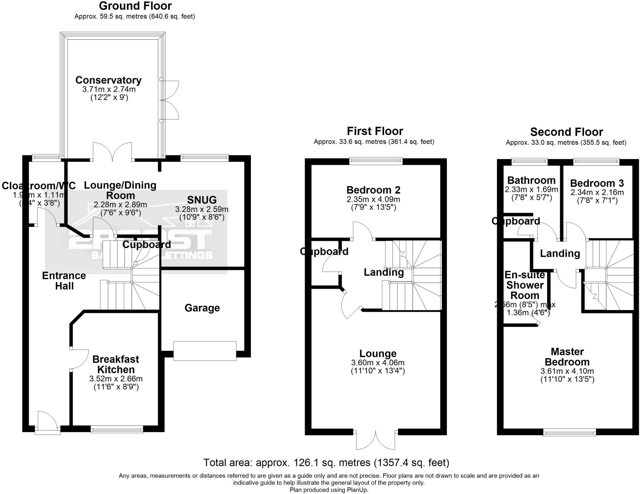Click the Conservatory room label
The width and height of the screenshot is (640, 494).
click(108, 80)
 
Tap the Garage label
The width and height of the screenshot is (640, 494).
click(202, 308)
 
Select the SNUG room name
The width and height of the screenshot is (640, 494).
click(202, 200)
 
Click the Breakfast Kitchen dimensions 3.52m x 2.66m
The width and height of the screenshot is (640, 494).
click(116, 379)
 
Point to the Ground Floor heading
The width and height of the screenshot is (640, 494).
click(135, 6)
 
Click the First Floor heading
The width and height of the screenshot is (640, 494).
click(375, 131)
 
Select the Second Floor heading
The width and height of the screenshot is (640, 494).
click(566, 132)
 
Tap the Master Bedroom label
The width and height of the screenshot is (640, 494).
click(567, 357)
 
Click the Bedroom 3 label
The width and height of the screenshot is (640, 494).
click(597, 183)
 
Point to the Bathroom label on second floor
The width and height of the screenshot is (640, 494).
click(531, 180)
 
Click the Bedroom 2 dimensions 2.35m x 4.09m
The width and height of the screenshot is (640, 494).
click(373, 199)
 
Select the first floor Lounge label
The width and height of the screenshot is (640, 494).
click(378, 354)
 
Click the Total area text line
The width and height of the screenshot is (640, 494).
click(326, 462)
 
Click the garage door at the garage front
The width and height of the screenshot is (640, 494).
click(205, 351)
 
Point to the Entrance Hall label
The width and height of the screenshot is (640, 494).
click(64, 281)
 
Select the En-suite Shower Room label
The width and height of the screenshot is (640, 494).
click(525, 285)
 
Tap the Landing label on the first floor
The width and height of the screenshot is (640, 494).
click(384, 272)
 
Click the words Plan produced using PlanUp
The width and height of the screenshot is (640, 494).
click(329, 490)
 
